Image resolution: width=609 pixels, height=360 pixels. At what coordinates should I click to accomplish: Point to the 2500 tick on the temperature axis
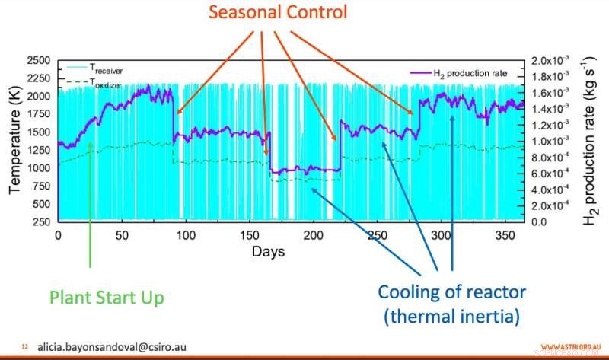(x=37, y=60)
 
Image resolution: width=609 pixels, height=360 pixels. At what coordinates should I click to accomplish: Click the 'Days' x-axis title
(x=269, y=250)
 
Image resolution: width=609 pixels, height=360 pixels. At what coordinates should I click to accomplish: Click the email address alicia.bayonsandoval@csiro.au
(x=111, y=346)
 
